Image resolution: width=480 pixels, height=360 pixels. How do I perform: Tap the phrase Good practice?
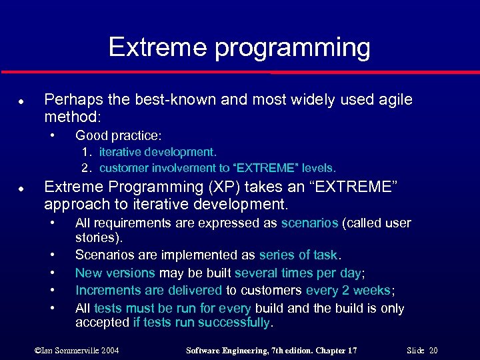[118, 135]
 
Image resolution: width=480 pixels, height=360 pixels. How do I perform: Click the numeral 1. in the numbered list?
[87, 153]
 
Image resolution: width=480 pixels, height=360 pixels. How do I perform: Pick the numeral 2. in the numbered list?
[87, 167]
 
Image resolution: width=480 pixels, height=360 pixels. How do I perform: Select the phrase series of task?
[299, 255]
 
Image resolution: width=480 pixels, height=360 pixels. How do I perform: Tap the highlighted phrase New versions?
[115, 273]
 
